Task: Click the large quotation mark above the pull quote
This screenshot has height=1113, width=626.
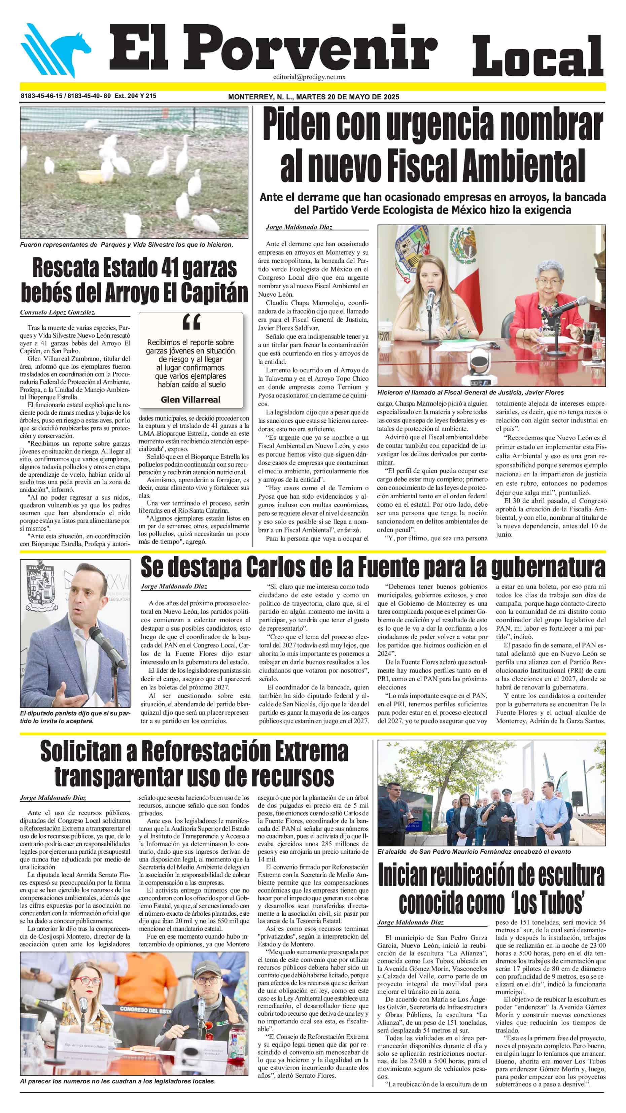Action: coord(190,322)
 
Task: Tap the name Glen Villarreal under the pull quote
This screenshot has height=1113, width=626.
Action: coord(190,400)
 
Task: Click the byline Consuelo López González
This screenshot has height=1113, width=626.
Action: coord(58,312)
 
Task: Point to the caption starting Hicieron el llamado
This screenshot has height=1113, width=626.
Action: coord(470,392)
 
